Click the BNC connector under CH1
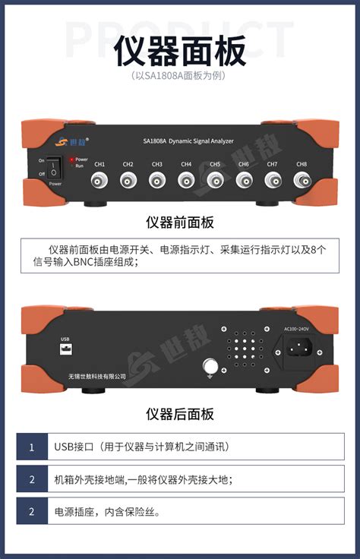tap(99, 181)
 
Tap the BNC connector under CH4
tap(186, 181)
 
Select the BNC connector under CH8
tap(302, 181)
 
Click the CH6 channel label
tap(243, 164)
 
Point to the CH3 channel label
tap(156, 164)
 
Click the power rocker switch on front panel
tap(53, 168)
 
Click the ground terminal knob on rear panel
tap(210, 368)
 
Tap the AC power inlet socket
tap(297, 349)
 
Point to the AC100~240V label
tap(297, 329)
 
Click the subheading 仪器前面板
tap(180, 223)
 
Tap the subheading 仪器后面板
tap(180, 414)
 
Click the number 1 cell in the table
tap(32, 447)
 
